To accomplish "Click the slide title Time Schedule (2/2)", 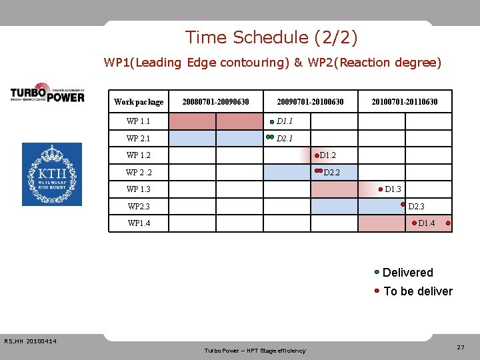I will [271, 37].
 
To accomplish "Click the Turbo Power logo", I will [47, 93].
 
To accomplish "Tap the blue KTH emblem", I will [52, 174].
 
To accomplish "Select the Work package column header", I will [139, 102].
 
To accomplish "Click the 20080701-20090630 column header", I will [215, 102].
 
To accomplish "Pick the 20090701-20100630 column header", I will [311, 102].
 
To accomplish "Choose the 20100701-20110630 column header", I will [405, 102].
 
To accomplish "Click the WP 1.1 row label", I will [138, 121].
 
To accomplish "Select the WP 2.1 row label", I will [138, 139].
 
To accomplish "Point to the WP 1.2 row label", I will [138, 155].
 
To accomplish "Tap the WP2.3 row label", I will [139, 207].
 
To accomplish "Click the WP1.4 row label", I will [139, 223].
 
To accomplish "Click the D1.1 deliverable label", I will [285, 121].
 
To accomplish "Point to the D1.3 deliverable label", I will [393, 189].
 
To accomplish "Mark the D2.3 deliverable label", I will [417, 207].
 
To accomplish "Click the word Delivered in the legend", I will [408, 273].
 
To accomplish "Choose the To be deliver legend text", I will [418, 291].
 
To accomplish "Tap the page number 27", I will [461, 347].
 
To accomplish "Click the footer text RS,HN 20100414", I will [30, 342].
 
